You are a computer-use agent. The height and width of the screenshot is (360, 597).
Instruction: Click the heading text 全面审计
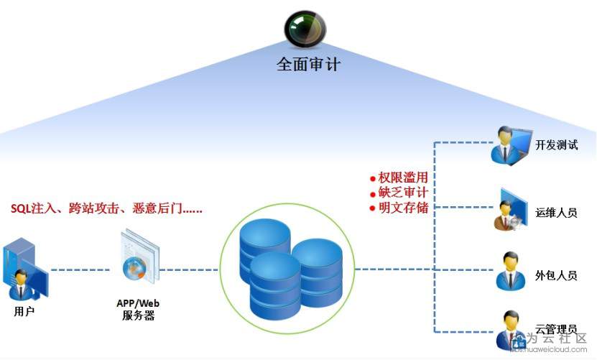tap(308, 64)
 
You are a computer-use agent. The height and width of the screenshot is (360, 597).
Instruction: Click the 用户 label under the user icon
tap(24, 311)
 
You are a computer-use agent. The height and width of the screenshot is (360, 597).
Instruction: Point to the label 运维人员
tap(556, 213)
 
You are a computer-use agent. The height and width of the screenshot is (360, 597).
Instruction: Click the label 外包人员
tap(556, 275)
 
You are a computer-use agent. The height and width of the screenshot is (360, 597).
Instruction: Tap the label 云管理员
tap(556, 329)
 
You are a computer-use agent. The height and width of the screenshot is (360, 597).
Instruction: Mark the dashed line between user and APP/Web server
tap(79, 270)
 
